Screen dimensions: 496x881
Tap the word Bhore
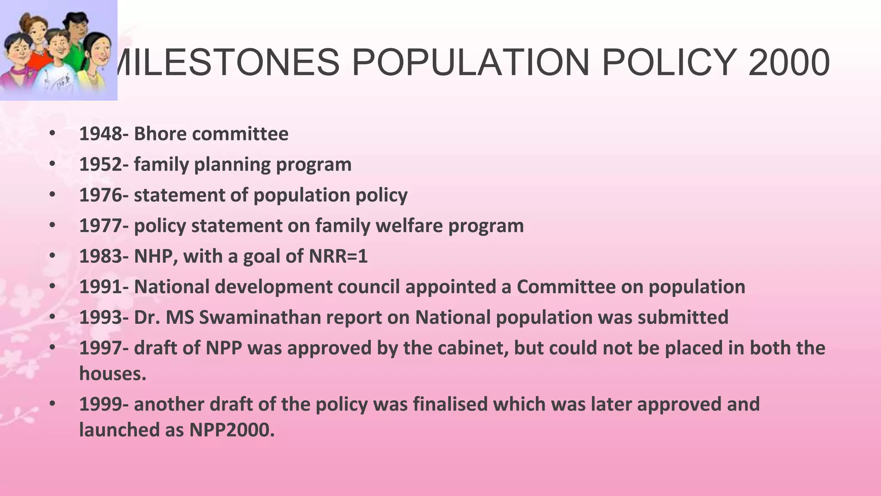tap(160, 134)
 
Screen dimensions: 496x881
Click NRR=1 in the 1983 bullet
tap(338, 256)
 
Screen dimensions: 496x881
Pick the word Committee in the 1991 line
tap(566, 287)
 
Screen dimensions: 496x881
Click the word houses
tap(113, 373)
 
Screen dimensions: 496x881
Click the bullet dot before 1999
tap(52, 404)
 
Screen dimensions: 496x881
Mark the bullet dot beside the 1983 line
tap(52, 256)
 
